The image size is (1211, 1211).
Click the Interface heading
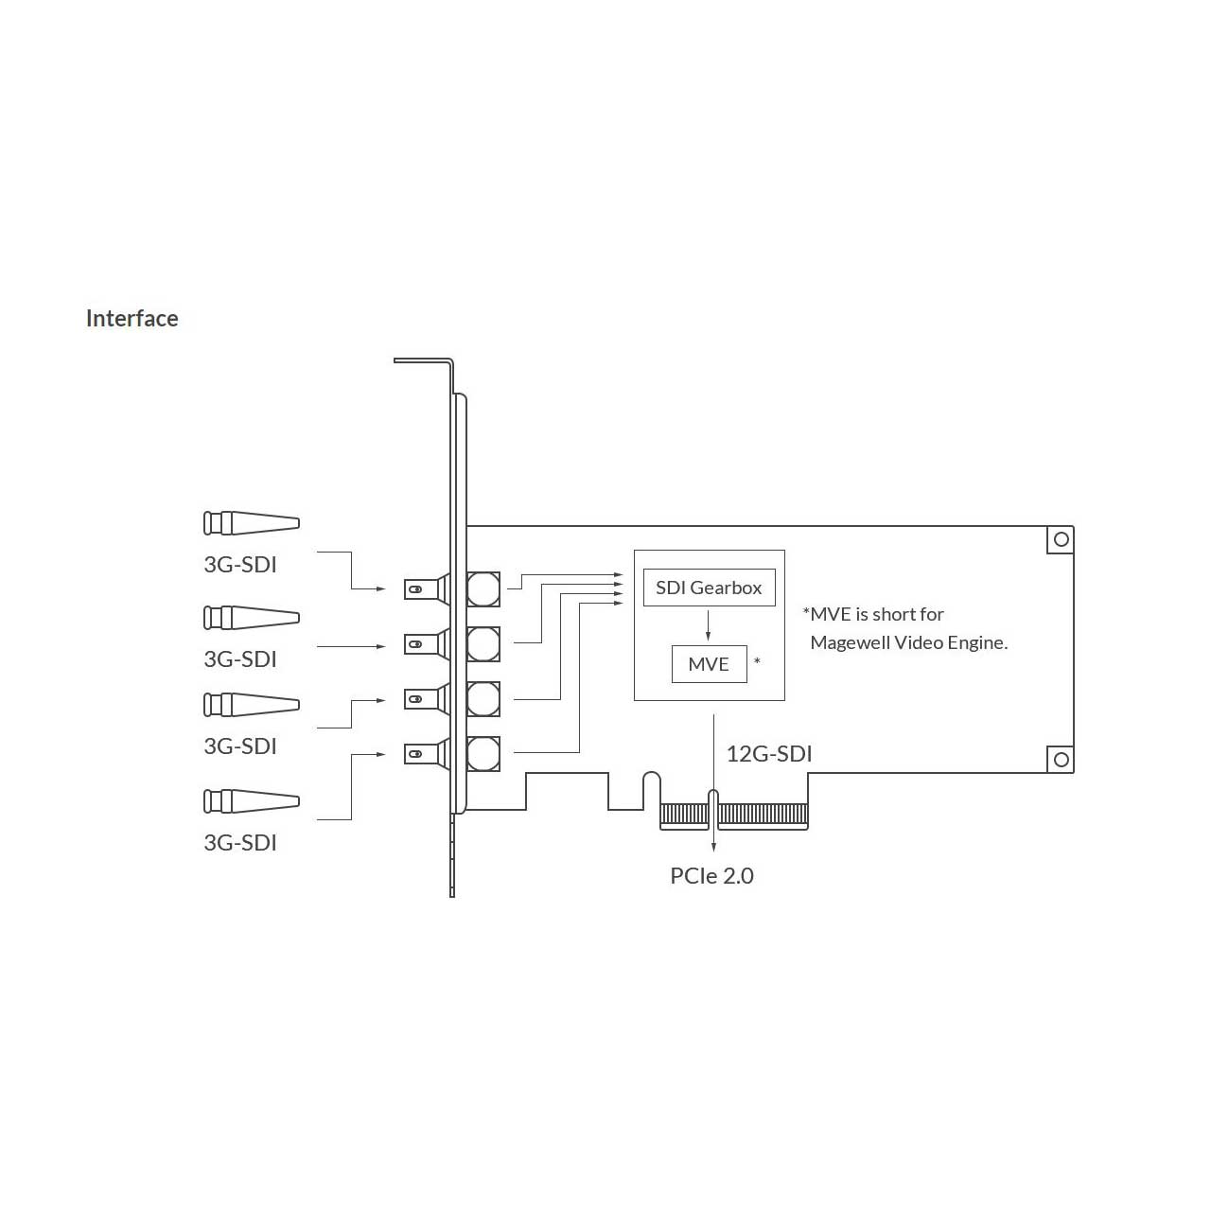click(132, 319)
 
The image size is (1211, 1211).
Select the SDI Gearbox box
click(709, 588)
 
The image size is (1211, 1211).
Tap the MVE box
click(709, 663)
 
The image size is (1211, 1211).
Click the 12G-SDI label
click(769, 753)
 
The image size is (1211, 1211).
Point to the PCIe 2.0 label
click(712, 875)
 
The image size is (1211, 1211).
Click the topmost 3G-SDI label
click(240, 564)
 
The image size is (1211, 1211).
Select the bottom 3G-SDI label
click(240, 842)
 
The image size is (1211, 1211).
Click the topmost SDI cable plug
click(252, 523)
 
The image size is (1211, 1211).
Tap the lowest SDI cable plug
click(252, 801)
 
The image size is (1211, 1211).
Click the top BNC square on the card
click(483, 588)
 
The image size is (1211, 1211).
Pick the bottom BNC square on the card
click(483, 753)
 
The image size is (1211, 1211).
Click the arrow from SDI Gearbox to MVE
click(709, 624)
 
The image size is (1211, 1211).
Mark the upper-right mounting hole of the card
click(1062, 539)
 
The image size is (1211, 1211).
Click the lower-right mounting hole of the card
click(1062, 759)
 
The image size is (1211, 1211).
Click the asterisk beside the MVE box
click(757, 660)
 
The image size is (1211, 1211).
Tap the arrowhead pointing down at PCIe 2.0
click(713, 846)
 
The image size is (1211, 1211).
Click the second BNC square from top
click(483, 643)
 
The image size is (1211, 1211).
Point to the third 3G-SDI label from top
click(240, 746)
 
